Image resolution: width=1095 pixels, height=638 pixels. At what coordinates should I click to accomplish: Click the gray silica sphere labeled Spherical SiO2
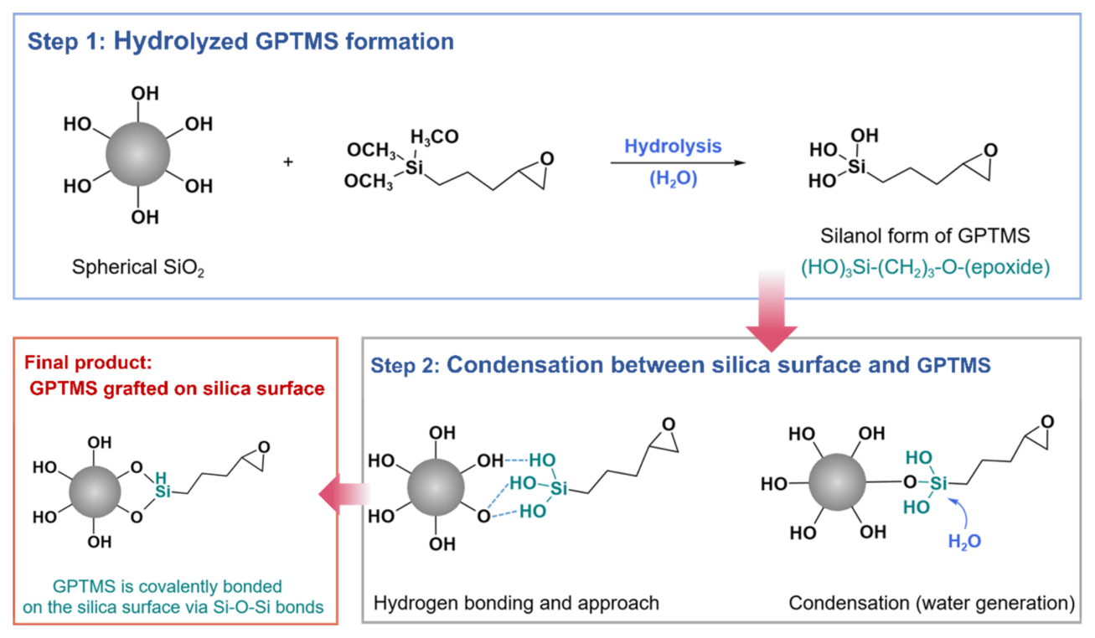point(138,154)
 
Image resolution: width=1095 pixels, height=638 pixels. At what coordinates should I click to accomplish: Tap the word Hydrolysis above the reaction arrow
point(673,146)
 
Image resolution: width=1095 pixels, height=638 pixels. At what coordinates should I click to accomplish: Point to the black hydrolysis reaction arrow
point(678,162)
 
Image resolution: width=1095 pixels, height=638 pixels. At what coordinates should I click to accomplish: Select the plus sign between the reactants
point(288,162)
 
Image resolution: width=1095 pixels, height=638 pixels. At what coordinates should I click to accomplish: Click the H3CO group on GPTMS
point(434,136)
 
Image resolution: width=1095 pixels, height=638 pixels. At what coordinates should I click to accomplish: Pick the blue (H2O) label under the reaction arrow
point(673,179)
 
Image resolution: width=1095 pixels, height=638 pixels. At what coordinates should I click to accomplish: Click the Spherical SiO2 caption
point(138,268)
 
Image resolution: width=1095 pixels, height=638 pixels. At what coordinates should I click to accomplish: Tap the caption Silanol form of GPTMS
point(925,236)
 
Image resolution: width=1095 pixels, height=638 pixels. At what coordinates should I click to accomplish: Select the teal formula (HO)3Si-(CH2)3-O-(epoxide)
point(926,268)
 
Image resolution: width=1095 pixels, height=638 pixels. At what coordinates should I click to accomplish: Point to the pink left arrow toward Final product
point(344,494)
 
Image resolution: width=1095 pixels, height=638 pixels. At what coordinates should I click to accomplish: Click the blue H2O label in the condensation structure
point(964,542)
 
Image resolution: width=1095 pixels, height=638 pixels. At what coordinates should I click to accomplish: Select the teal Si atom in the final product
point(163,491)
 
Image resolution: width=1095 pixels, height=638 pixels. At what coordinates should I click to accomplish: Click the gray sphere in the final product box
point(95,491)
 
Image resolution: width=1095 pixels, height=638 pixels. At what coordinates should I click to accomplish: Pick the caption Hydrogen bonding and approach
point(516,604)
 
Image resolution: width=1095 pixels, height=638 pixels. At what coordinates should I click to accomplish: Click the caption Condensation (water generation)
point(932,604)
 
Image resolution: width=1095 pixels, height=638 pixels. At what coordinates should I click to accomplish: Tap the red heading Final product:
point(88,363)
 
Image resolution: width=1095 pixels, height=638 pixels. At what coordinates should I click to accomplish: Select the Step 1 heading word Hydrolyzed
point(181,41)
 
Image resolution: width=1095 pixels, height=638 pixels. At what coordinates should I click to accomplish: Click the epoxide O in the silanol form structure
point(991,150)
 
